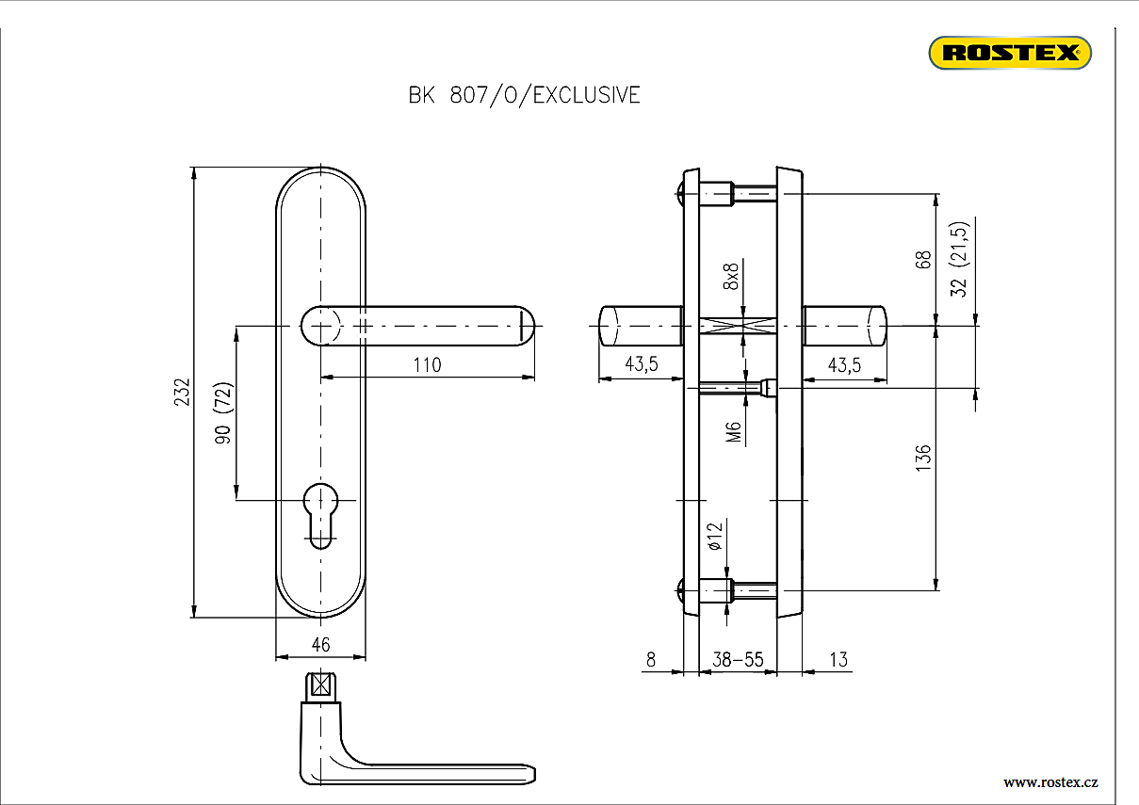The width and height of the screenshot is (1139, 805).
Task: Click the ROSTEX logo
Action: [1010, 53]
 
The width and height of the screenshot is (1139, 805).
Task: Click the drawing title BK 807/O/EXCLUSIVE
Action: [524, 95]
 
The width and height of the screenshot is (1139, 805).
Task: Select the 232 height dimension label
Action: [183, 392]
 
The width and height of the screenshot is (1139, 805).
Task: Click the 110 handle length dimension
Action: [427, 364]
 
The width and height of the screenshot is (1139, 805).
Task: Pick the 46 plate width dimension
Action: [320, 644]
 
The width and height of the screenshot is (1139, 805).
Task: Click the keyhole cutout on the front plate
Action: [321, 513]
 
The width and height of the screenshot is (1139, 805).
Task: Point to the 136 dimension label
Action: [923, 458]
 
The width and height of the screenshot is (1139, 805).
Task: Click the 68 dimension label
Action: [923, 259]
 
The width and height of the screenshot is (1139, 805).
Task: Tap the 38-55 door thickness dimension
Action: [738, 659]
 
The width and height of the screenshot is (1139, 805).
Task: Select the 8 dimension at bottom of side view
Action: [650, 659]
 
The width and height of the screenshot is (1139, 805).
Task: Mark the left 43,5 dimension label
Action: [641, 365]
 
